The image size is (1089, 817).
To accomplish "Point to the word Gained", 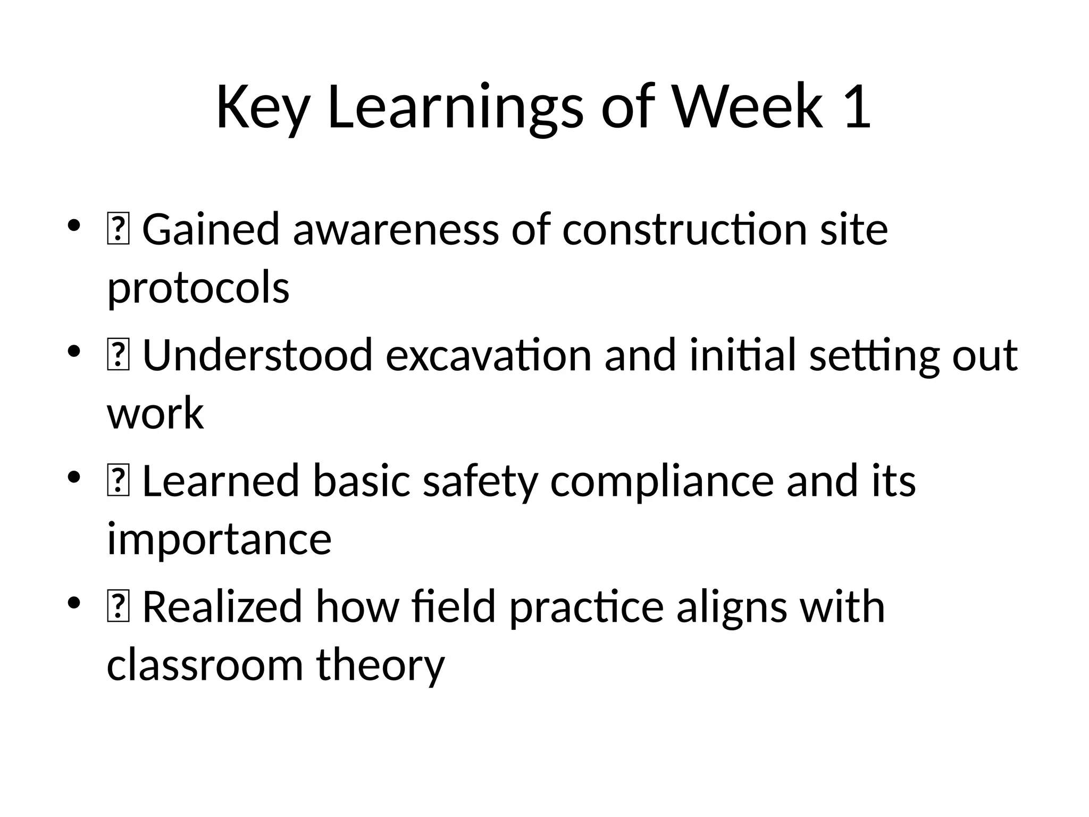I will coord(211,230).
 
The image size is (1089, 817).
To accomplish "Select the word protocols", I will coord(198,288).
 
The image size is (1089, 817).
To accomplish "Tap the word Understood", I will coord(257,355).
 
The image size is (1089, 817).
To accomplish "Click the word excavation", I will coord(488,355).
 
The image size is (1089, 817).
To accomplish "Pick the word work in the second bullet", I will coord(155,414).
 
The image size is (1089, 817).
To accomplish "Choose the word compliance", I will coord(661,481).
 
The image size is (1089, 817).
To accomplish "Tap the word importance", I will coord(219,539).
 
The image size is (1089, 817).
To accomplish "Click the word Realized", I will coord(222,606).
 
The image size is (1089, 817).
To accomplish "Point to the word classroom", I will coord(205,665).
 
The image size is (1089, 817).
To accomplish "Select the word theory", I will coord(380,665).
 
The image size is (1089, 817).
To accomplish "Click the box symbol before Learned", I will coord(118,481).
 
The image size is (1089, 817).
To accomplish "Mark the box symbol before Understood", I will coord(118,356).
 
